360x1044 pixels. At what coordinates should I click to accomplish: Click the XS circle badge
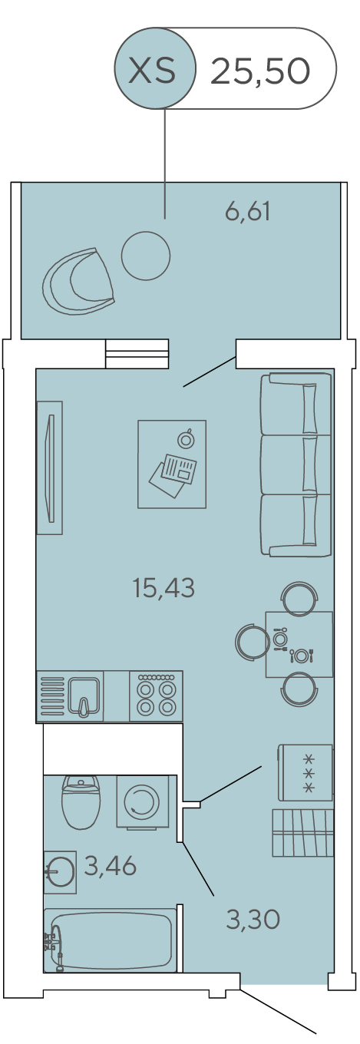click(x=155, y=68)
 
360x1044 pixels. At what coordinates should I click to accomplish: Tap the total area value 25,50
click(x=260, y=71)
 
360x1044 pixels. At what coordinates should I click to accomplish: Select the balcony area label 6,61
click(x=248, y=212)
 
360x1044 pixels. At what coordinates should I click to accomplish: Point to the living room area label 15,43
click(x=163, y=587)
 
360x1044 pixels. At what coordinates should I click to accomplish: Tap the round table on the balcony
click(x=146, y=256)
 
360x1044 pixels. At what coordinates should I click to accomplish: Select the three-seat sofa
click(x=296, y=464)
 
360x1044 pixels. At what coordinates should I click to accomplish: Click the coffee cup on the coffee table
click(x=186, y=438)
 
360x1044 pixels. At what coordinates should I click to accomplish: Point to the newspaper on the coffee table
click(x=173, y=474)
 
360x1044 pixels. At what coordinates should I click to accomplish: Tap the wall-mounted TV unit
click(x=50, y=467)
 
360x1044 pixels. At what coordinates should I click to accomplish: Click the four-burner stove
click(x=156, y=696)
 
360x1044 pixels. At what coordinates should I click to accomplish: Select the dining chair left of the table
click(x=252, y=642)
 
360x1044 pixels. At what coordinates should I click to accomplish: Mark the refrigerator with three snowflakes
click(x=306, y=772)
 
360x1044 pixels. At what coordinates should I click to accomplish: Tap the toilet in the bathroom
click(x=81, y=801)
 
